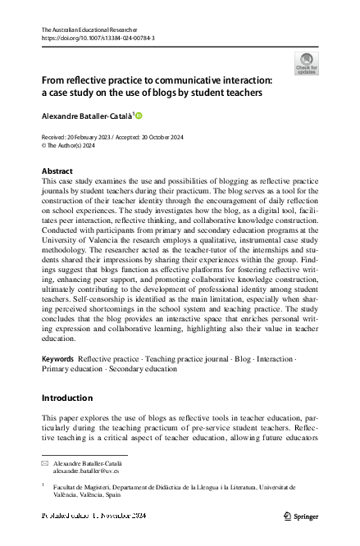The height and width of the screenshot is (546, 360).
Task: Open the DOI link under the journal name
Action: [98, 38]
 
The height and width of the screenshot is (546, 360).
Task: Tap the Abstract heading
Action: [57, 171]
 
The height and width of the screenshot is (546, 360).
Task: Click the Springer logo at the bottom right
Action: [300, 516]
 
